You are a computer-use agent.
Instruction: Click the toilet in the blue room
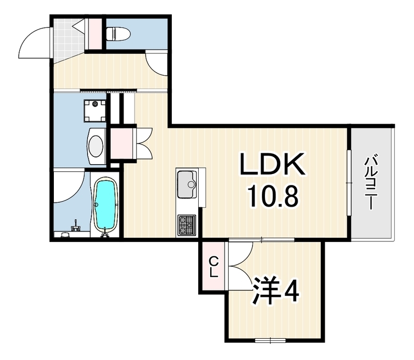(118, 34)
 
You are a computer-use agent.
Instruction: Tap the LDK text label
(272, 164)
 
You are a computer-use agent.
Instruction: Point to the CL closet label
(213, 267)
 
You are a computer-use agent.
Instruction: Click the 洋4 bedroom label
(276, 291)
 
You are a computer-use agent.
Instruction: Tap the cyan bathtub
(106, 204)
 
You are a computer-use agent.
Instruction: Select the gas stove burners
(187, 225)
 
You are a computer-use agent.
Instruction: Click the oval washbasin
(96, 147)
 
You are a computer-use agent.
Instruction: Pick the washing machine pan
(95, 110)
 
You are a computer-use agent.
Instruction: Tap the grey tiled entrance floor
(66, 40)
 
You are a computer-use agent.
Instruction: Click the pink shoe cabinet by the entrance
(93, 34)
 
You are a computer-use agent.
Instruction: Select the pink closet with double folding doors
(122, 143)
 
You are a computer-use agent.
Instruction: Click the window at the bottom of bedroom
(270, 340)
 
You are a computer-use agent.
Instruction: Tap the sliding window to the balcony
(349, 183)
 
